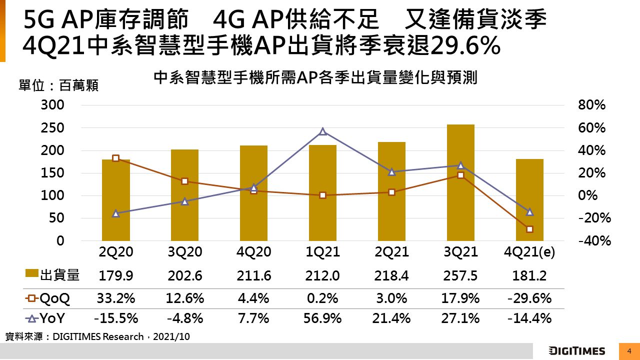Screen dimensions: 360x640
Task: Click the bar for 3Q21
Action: (x=460, y=182)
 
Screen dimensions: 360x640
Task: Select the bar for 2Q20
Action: (x=115, y=200)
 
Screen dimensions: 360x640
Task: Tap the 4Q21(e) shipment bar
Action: (x=529, y=200)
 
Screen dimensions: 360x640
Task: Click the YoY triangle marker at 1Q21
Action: (x=322, y=131)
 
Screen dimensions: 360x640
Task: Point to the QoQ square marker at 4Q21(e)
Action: (x=529, y=229)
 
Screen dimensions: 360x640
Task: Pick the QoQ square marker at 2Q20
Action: (x=115, y=158)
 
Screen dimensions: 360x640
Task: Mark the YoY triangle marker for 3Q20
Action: (x=184, y=201)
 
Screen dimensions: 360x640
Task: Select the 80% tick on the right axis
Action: (x=591, y=105)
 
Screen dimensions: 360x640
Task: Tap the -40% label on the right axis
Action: (x=591, y=241)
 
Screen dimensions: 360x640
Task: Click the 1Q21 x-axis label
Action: (x=322, y=252)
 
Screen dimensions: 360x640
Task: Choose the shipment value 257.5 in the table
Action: (x=460, y=275)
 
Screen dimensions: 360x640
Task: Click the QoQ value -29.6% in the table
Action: (x=529, y=298)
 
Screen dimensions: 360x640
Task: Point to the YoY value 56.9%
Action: (x=322, y=318)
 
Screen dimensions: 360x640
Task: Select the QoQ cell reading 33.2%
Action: (x=115, y=298)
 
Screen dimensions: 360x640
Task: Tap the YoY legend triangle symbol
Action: (x=31, y=318)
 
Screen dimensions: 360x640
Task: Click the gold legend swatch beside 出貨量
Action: (x=32, y=274)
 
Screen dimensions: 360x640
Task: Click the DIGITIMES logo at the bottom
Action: (x=576, y=351)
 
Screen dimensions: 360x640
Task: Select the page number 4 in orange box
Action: (x=629, y=351)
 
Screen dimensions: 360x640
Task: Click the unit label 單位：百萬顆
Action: (x=58, y=85)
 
